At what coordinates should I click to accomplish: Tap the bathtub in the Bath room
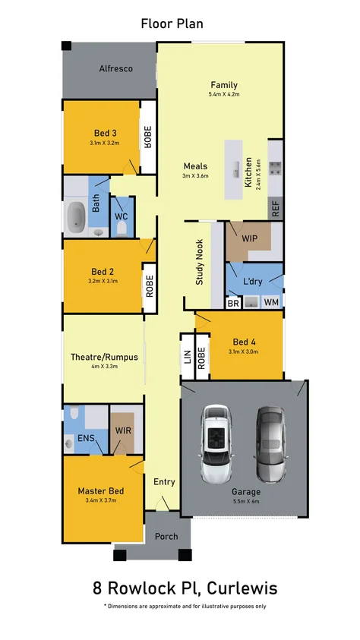[x=76, y=216]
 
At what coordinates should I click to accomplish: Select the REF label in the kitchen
[x=275, y=210]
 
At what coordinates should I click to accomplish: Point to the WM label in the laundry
[x=270, y=302]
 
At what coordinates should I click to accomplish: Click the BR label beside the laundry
[x=234, y=302]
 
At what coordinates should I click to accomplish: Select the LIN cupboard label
[x=187, y=357]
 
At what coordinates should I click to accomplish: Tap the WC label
[x=121, y=216]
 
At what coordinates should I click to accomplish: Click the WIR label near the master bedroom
[x=123, y=430]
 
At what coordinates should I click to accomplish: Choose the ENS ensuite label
[x=86, y=438]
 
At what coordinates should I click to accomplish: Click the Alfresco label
[x=115, y=69]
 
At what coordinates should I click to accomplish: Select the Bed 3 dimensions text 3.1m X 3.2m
[x=104, y=142]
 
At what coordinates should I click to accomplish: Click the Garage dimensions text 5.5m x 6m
[x=245, y=502]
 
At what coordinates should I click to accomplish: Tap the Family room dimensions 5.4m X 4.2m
[x=223, y=95]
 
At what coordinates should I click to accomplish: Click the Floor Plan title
[x=172, y=24]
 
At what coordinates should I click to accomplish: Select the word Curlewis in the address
[x=242, y=588]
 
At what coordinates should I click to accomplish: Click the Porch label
[x=166, y=536]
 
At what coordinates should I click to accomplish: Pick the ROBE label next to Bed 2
[x=150, y=284]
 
